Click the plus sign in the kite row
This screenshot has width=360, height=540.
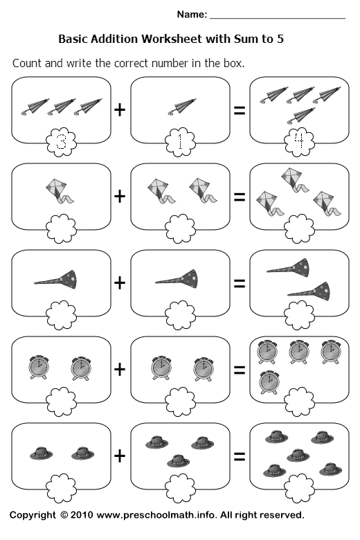pos(120,197)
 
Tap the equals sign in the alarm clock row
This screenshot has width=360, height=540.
pos(240,370)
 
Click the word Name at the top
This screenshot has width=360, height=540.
pos(191,15)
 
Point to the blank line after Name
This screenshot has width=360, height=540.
pos(278,18)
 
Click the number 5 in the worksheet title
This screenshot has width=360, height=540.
pos(280,39)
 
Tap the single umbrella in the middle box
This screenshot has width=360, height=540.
pos(182,107)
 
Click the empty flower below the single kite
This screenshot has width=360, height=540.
pos(62,228)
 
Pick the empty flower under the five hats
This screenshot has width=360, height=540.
pos(299,487)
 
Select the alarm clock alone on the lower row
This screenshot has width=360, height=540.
pos(269,381)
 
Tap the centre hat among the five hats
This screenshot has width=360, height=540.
pos(298,456)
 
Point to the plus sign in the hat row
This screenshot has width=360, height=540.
pos(120,456)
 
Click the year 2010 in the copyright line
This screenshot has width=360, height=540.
pos(82,515)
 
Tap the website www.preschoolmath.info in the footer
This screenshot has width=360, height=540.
pos(156,515)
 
